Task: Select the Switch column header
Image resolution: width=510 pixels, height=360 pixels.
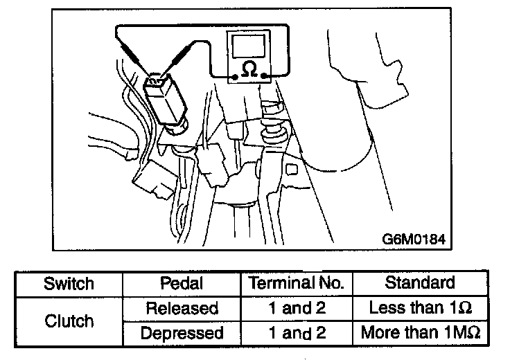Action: coord(69,284)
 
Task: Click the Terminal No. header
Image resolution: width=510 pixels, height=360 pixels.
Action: coord(296,284)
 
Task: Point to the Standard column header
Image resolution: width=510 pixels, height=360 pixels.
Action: coord(420,284)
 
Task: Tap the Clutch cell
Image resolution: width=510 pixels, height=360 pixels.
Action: coord(69,321)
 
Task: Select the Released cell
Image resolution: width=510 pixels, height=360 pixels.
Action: coord(181,308)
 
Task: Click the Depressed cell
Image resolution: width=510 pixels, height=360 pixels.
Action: coord(181,333)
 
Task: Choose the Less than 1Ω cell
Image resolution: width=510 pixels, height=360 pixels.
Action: coord(420,308)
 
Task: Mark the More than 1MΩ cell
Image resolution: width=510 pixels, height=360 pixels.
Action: coord(420,333)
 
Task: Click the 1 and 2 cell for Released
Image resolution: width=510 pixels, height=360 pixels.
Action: coord(296,308)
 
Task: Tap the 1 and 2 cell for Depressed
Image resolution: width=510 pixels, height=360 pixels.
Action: coord(296,333)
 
